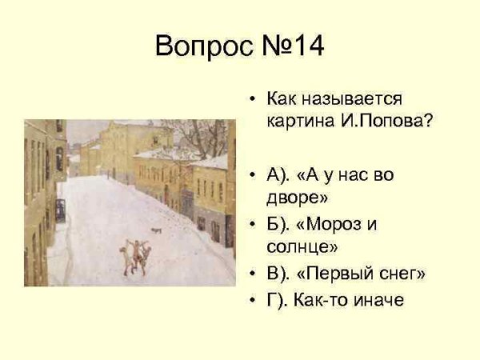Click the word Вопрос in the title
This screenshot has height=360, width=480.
(x=205, y=46)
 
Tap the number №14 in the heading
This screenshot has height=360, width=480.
(x=293, y=46)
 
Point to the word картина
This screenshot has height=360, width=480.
(x=301, y=122)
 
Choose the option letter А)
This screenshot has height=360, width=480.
(x=278, y=175)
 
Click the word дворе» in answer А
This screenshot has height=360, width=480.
(x=297, y=198)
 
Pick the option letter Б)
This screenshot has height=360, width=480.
(x=278, y=224)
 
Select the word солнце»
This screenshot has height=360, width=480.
(x=302, y=246)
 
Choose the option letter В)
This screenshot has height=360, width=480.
(x=278, y=274)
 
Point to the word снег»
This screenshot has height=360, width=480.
(x=402, y=273)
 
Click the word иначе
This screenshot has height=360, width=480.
(x=378, y=300)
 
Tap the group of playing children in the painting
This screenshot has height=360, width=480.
(x=135, y=257)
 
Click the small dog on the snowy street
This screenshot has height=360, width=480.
(x=157, y=230)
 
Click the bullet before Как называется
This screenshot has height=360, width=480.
(x=252, y=99)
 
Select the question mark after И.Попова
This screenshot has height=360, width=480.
(x=429, y=121)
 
